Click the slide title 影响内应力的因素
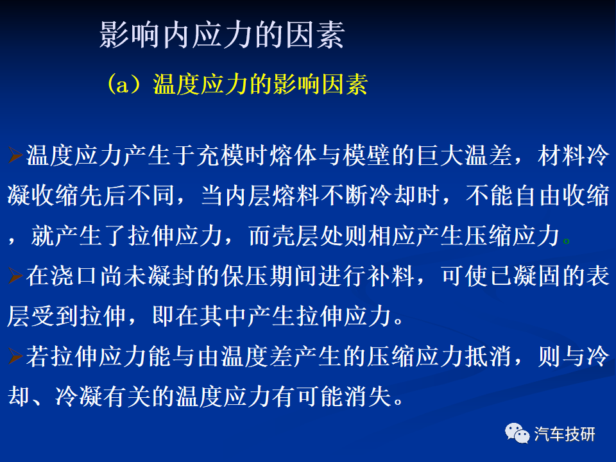click(222, 35)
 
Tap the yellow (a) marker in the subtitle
click(123, 84)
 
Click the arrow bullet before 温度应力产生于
click(15, 155)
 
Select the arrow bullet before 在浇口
click(15, 275)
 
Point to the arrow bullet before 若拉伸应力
click(15, 356)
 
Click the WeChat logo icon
click(517, 433)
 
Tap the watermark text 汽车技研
click(565, 434)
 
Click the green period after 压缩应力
click(566, 241)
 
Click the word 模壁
click(366, 155)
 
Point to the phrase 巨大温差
click(463, 155)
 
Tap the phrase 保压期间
click(269, 275)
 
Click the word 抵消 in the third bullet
click(488, 356)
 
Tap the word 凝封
click(172, 275)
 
